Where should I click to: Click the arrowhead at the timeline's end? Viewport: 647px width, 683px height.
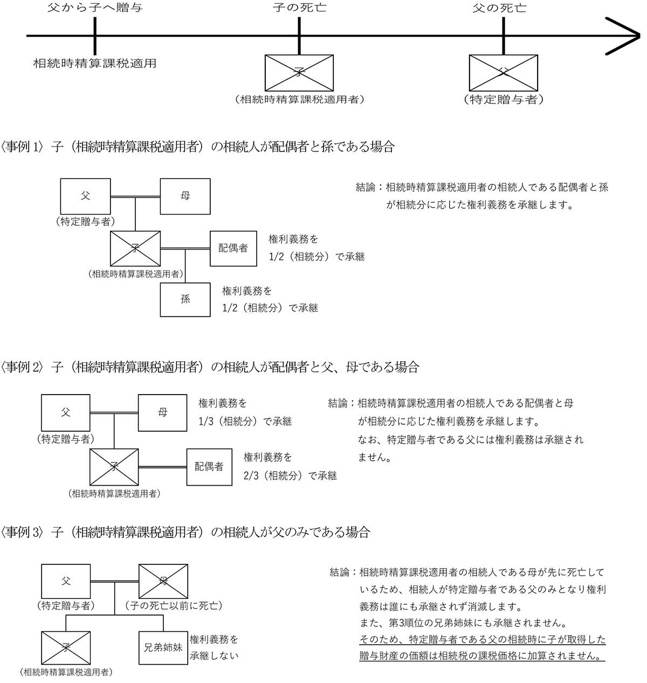point(625,36)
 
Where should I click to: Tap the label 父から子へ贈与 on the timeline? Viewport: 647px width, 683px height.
point(95,8)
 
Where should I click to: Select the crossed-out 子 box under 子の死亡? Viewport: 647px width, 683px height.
point(299,72)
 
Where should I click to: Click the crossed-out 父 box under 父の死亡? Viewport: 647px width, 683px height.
point(503,72)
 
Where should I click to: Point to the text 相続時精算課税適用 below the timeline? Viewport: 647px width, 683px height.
point(95,63)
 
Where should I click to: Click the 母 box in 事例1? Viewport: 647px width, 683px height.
point(185,196)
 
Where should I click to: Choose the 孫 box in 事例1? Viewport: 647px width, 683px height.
point(185,299)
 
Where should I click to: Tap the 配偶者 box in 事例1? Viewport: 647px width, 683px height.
point(233,248)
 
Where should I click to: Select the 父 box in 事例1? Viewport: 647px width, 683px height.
point(85,196)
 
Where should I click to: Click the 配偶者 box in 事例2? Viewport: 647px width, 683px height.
point(209,466)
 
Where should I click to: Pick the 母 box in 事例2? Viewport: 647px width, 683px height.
point(162,412)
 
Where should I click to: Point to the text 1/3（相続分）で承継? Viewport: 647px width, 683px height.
point(245,422)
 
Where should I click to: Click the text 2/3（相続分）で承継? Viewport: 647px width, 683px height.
point(290,475)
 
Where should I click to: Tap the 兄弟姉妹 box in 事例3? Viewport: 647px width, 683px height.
point(162,648)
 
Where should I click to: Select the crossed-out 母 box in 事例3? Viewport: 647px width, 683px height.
point(162,582)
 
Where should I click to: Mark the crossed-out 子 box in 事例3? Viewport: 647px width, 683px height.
point(66,648)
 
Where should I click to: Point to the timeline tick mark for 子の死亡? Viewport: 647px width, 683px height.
point(299,36)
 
